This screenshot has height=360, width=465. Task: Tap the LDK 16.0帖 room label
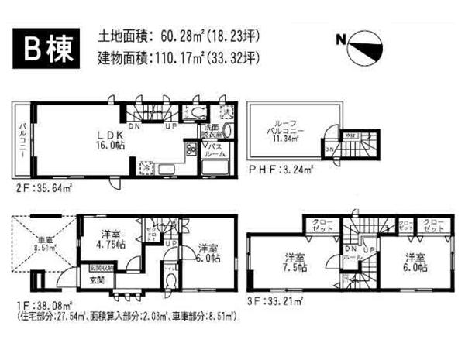[x=106, y=138]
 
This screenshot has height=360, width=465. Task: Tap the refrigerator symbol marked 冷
[x=146, y=166]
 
